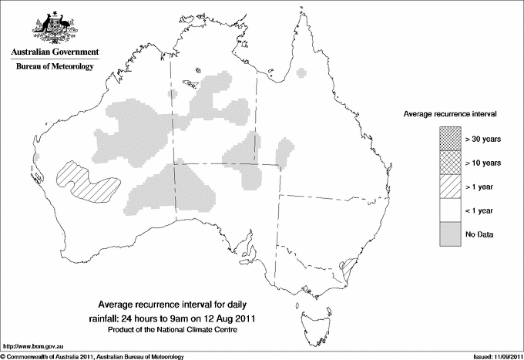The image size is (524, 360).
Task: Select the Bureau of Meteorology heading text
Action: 54,67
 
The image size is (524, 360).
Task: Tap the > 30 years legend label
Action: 483,139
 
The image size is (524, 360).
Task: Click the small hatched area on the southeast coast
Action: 346,266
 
